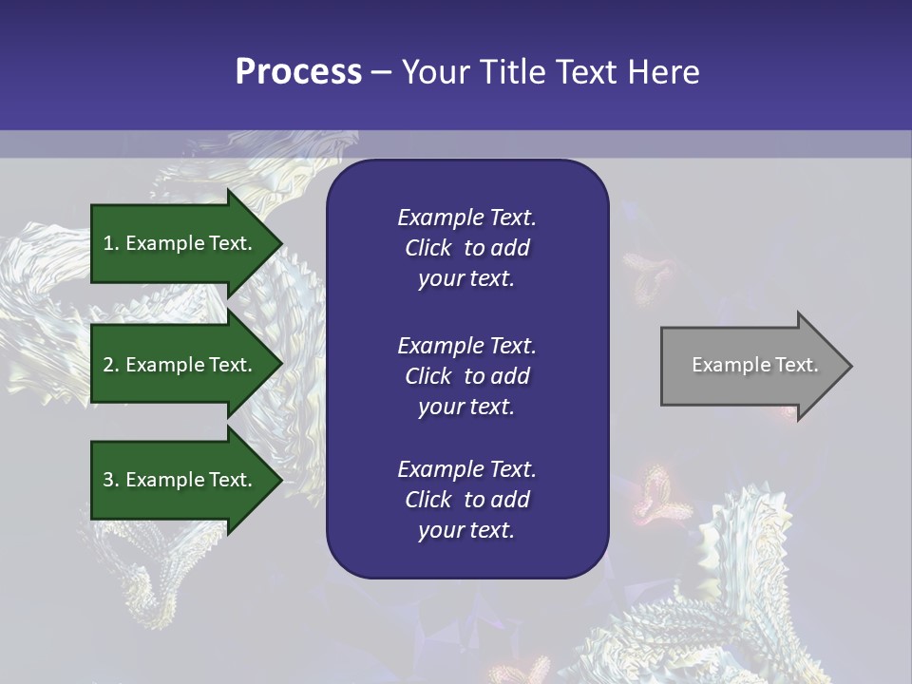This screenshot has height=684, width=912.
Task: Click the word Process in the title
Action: pyautogui.click(x=298, y=72)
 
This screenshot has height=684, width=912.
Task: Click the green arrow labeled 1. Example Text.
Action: pyautogui.click(x=180, y=243)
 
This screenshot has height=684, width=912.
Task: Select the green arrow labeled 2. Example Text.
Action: pyautogui.click(x=180, y=365)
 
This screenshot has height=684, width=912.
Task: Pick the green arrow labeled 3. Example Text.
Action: pyautogui.click(x=180, y=480)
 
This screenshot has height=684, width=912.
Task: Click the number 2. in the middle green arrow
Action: pyautogui.click(x=110, y=365)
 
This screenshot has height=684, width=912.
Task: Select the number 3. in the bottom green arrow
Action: pyautogui.click(x=110, y=480)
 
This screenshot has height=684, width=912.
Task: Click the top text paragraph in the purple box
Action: pyautogui.click(x=466, y=248)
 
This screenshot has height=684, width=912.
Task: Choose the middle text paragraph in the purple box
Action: pyautogui.click(x=466, y=375)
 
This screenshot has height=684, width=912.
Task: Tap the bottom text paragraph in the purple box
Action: pyautogui.click(x=466, y=500)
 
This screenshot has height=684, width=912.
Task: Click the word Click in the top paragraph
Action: pyautogui.click(x=427, y=248)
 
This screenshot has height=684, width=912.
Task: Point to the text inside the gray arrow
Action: pyautogui.click(x=754, y=365)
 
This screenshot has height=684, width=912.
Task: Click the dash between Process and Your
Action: pyautogui.click(x=381, y=72)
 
